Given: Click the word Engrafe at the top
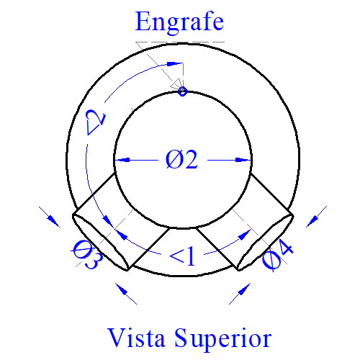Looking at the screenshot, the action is (x=179, y=23).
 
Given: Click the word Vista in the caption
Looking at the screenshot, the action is (x=136, y=338).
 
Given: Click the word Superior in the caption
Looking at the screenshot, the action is (x=222, y=339).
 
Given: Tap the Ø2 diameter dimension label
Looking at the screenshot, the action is (x=181, y=159).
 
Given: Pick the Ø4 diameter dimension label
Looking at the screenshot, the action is (x=278, y=257).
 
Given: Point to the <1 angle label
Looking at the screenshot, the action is (x=182, y=256).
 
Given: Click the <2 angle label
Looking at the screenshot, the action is (x=96, y=122).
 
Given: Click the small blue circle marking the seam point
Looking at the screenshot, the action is (x=183, y=91).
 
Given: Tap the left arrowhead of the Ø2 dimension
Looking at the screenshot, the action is (x=122, y=160).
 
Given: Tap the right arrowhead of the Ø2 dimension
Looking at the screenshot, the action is (x=243, y=160).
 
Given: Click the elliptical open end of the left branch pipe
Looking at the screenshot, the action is (x=100, y=242).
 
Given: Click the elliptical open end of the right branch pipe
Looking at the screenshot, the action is (x=265, y=242).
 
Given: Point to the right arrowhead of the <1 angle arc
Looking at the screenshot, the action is (x=244, y=235).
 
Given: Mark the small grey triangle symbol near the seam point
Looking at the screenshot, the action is (x=176, y=84).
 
